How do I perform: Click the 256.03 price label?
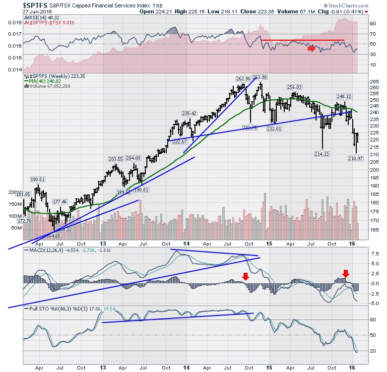[x=295, y=87]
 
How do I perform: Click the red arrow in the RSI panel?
[x=311, y=49]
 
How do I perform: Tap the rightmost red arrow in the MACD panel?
[x=346, y=273]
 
